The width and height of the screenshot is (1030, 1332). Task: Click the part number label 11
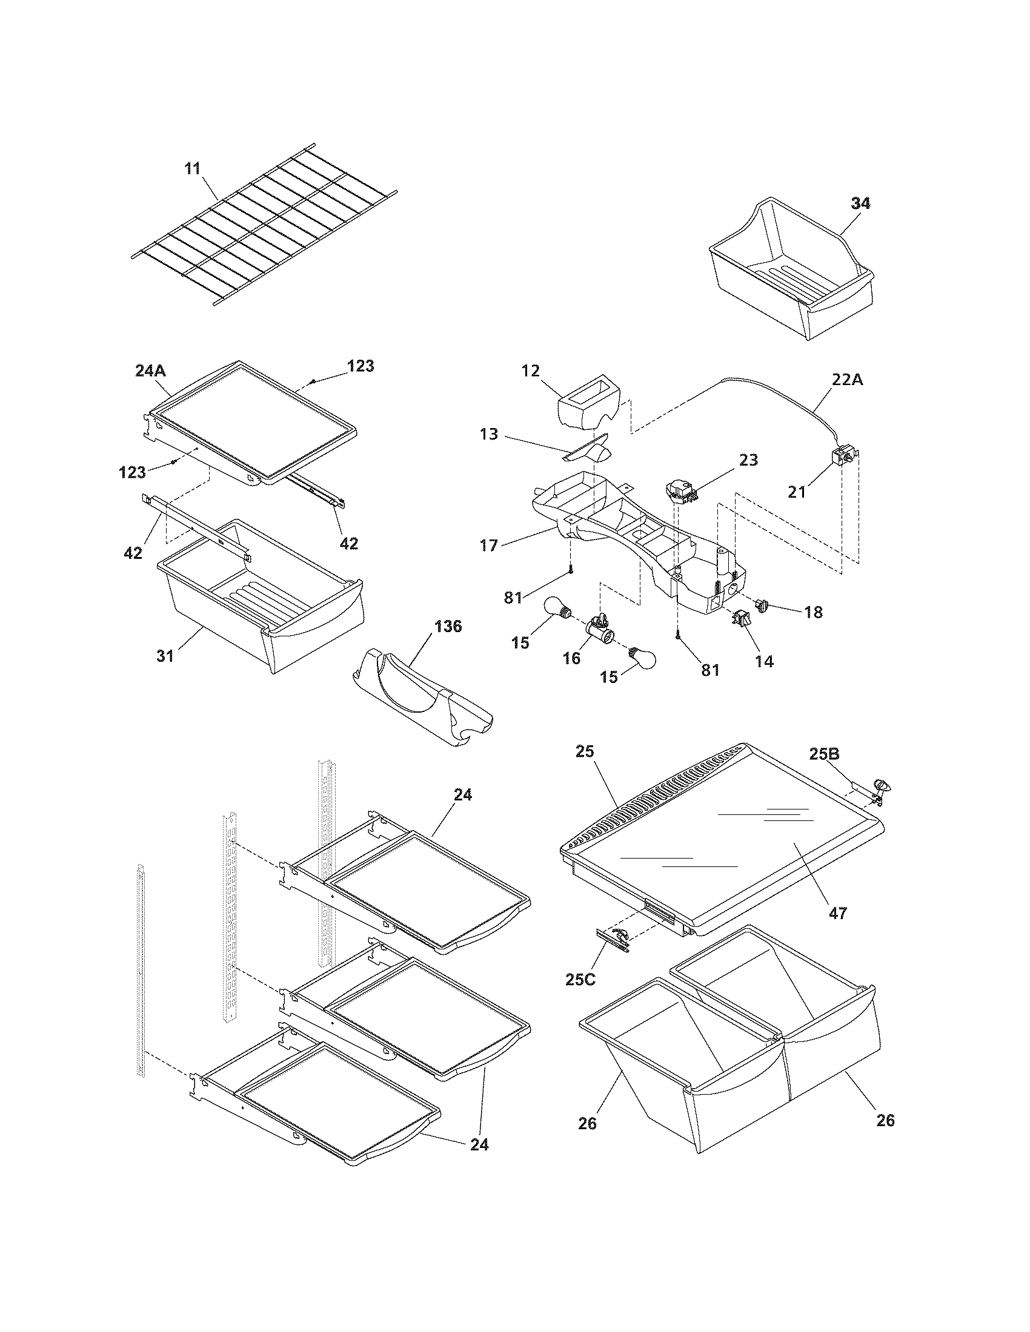click(x=193, y=168)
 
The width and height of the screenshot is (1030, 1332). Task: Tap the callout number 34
click(x=860, y=203)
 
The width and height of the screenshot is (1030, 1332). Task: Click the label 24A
click(x=150, y=371)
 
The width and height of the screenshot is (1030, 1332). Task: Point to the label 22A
click(x=848, y=380)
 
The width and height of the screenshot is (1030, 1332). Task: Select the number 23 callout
click(x=748, y=460)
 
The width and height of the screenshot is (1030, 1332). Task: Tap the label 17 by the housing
click(x=488, y=545)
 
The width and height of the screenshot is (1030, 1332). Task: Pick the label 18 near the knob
click(x=813, y=612)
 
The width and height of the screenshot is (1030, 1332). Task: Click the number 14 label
click(x=764, y=661)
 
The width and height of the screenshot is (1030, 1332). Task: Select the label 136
click(x=448, y=627)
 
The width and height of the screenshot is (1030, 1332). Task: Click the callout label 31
click(x=165, y=656)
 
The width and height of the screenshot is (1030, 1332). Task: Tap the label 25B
click(x=825, y=754)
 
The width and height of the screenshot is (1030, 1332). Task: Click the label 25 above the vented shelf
click(x=584, y=751)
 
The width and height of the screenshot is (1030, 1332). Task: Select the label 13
click(x=489, y=435)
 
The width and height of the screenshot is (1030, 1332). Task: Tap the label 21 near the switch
click(x=797, y=491)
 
